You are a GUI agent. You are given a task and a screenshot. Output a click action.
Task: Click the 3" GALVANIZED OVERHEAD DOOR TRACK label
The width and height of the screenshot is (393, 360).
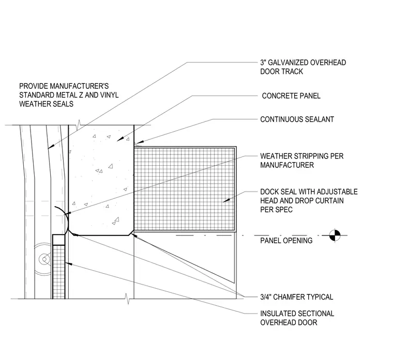[303, 67]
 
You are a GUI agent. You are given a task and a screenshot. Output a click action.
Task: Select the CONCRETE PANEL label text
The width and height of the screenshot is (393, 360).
[291, 96]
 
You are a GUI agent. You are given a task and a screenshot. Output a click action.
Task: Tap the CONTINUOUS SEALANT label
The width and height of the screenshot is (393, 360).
[297, 119]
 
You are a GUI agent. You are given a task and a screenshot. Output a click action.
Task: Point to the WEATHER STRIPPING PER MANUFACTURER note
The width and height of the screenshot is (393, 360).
[302, 161]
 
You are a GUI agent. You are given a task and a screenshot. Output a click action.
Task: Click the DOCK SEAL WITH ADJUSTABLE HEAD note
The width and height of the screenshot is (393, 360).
[309, 200]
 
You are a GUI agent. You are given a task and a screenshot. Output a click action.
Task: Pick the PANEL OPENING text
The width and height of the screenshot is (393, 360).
[286, 241]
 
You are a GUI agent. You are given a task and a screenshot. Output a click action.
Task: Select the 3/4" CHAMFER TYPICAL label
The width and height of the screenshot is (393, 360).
[296, 297]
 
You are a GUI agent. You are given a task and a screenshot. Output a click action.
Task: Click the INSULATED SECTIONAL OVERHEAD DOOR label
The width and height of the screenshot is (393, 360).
[297, 318]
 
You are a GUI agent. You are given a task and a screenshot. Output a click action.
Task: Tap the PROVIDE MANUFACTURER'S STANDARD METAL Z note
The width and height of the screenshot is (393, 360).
[69, 95]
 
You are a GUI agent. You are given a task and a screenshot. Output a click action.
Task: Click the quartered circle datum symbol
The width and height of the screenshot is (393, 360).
[335, 236]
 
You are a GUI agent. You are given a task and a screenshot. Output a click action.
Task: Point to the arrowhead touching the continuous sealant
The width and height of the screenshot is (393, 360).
[139, 142]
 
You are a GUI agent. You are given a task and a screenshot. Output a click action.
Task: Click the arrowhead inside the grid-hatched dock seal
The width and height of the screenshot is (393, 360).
[226, 200]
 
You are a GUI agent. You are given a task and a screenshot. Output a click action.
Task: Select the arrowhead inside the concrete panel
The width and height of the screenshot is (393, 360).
[120, 139]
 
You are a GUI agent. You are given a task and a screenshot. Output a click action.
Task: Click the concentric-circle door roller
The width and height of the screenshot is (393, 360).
[44, 259]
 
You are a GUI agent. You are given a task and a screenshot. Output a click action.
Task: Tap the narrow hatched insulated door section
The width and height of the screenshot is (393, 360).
[58, 272]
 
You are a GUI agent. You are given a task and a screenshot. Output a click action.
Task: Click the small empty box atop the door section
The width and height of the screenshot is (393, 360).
[58, 240]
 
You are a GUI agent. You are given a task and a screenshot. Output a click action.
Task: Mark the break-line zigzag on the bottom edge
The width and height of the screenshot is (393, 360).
[128, 299]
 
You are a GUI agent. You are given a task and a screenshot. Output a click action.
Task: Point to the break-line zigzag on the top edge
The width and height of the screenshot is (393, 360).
[79, 124]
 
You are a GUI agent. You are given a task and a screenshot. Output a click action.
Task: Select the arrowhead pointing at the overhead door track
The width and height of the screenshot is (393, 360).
[51, 147]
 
